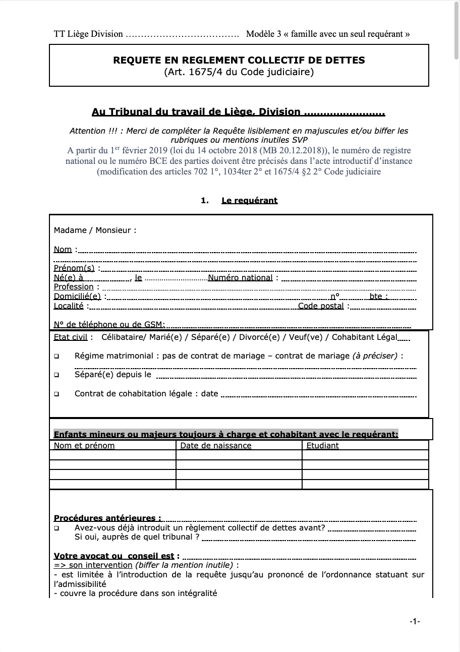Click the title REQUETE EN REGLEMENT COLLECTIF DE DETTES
(x=239, y=60)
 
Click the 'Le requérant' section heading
(x=249, y=201)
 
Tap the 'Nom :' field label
(x=64, y=249)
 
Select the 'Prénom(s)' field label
(x=74, y=268)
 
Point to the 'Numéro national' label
(x=240, y=278)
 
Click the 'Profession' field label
(x=74, y=287)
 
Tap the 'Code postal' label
(x=321, y=306)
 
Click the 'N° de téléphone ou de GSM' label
(x=109, y=325)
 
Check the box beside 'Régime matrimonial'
(x=56, y=356)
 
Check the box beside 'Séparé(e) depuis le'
(x=56, y=375)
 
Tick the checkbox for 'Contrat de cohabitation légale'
(x=56, y=394)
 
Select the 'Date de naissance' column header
(x=216, y=446)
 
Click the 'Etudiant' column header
(x=323, y=446)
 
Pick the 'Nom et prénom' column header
(x=84, y=446)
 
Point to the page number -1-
(x=415, y=622)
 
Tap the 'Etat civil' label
(x=70, y=337)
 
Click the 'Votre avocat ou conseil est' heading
(x=114, y=556)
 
